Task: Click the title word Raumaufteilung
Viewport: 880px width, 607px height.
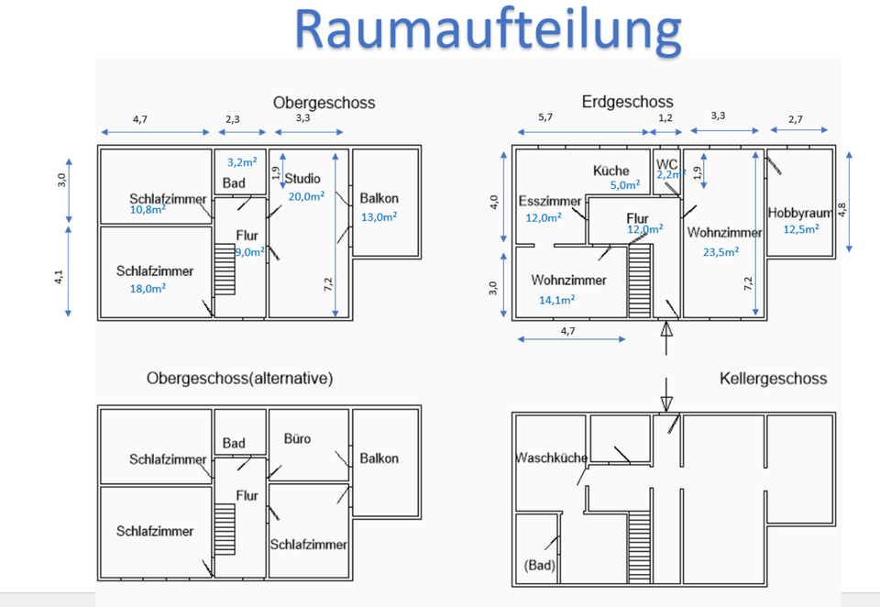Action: (488, 29)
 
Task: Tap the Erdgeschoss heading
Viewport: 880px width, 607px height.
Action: (627, 102)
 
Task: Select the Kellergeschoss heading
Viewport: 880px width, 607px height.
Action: (773, 379)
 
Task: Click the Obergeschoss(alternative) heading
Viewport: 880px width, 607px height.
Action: (239, 379)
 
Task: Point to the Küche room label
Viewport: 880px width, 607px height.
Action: (610, 171)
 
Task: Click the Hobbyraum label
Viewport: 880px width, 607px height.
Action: (799, 213)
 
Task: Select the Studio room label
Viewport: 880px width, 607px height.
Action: (302, 178)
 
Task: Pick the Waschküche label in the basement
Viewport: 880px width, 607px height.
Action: (551, 458)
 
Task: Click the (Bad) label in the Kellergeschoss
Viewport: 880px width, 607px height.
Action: (540, 565)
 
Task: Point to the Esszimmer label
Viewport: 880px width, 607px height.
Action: (550, 202)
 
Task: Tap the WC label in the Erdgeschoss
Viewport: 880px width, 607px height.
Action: (666, 163)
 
